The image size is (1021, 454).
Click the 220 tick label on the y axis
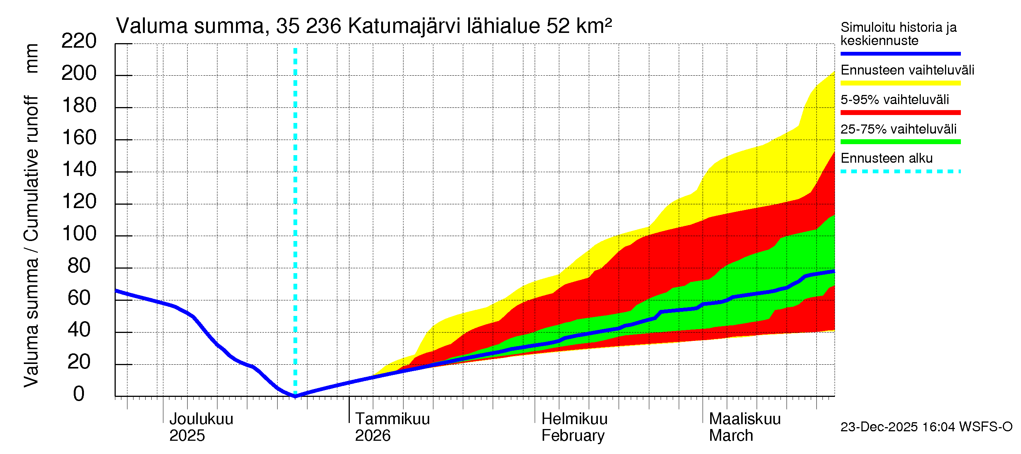tap(79, 41)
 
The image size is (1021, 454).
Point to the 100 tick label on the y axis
tap(79, 233)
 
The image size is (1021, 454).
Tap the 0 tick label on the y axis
tap(79, 394)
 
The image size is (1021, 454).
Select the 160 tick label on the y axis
tap(79, 138)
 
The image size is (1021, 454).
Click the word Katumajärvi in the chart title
tap(404, 26)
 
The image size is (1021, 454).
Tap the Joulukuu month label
tap(201, 419)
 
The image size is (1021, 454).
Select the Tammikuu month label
tap(392, 419)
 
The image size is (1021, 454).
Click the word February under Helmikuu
tap(573, 435)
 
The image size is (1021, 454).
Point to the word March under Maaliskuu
tap(731, 435)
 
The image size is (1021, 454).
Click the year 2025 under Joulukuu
tap(187, 435)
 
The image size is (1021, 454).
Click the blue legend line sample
tap(900, 53)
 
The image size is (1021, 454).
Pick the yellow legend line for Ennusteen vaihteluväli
tap(900, 83)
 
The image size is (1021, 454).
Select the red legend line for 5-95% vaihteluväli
tap(900, 113)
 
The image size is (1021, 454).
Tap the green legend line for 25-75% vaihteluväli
tap(900, 141)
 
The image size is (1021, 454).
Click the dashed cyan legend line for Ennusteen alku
tap(900, 171)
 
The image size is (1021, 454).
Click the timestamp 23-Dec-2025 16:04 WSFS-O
tap(926, 427)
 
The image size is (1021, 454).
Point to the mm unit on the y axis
tap(32, 58)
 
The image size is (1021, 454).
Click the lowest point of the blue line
tap(295, 396)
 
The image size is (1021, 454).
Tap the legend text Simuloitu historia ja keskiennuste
tap(898, 34)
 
